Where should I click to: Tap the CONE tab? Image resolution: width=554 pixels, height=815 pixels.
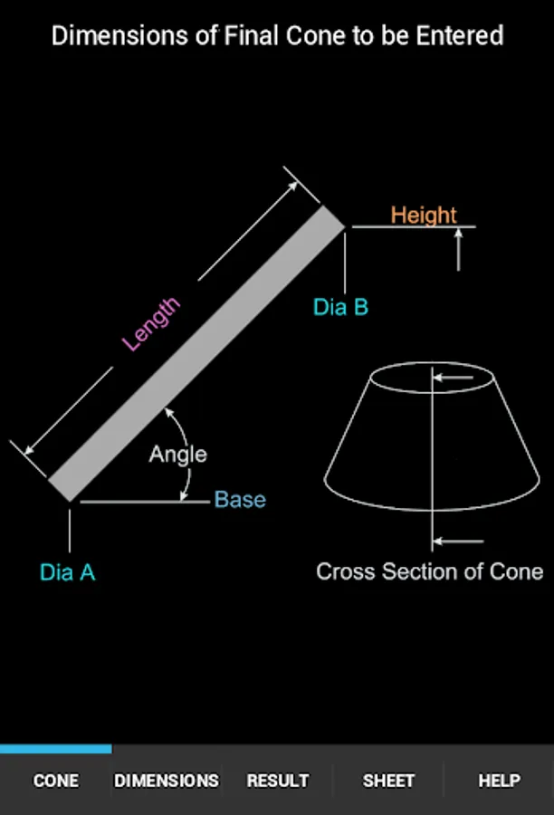55,781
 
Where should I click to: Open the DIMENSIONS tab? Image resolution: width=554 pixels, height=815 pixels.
167,781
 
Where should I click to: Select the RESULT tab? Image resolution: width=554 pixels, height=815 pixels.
278,781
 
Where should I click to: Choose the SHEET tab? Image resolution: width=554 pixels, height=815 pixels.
388,781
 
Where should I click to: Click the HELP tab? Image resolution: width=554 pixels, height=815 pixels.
499,781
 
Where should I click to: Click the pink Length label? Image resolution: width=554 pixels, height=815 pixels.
150,324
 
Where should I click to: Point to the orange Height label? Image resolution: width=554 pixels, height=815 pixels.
424,215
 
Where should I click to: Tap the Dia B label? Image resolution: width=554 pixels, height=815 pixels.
341,307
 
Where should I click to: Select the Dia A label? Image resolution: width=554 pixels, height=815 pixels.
68,572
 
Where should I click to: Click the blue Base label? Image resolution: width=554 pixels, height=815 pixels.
240,500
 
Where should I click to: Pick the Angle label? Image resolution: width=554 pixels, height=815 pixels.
178,455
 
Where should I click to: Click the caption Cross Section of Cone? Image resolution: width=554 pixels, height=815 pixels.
430,571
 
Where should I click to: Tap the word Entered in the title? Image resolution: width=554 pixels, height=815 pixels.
460,36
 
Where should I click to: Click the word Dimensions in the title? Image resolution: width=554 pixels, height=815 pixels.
119,36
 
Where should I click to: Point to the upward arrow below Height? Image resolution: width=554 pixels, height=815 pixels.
458,250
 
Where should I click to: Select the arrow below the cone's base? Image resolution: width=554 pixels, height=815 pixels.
458,542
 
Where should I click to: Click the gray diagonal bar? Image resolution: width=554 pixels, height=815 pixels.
196,353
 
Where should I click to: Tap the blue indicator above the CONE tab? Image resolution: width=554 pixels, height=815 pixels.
55,749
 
